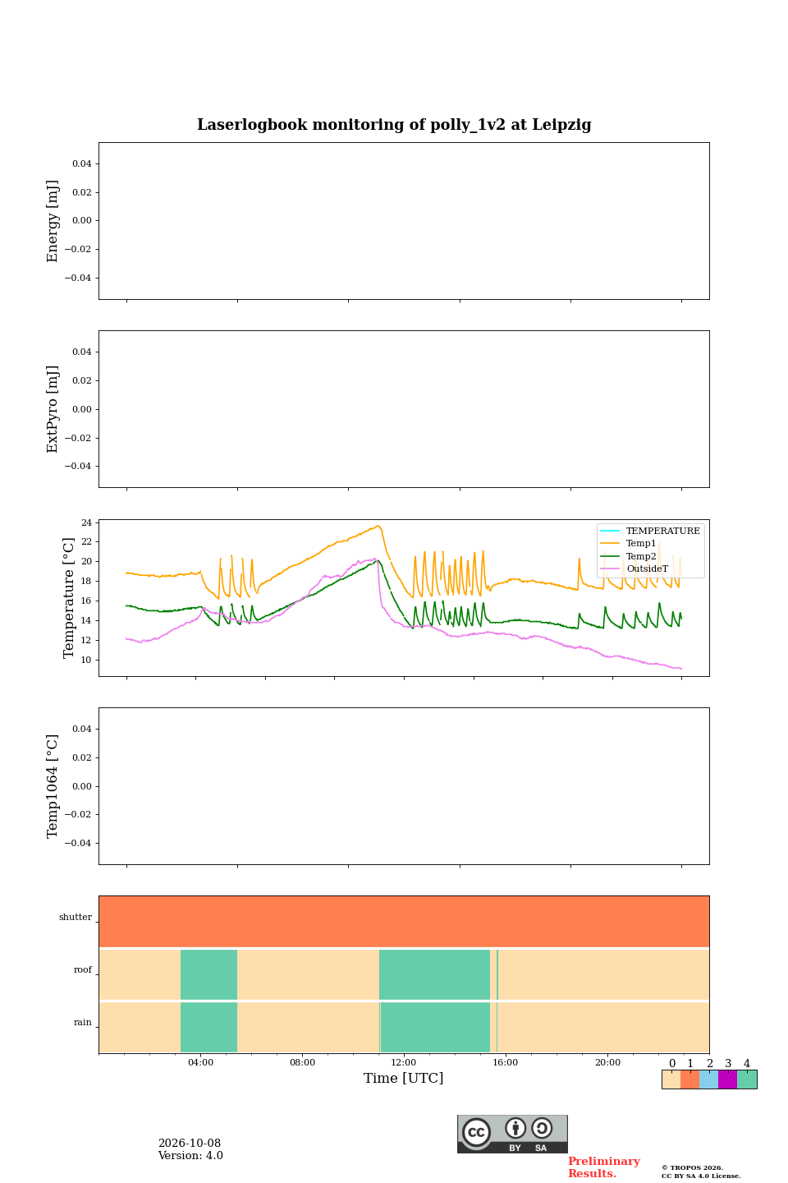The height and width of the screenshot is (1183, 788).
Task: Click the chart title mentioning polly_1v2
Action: [x=394, y=125]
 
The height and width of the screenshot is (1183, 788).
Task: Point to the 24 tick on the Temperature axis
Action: [x=86, y=522]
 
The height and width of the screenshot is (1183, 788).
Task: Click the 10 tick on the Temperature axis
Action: [x=86, y=660]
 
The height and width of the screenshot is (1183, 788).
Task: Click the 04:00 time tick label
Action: [x=200, y=1062]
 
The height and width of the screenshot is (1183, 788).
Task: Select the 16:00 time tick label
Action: [x=505, y=1062]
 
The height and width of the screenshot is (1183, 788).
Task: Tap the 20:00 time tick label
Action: [x=607, y=1062]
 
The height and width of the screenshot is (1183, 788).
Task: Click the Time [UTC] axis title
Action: [x=403, y=1078]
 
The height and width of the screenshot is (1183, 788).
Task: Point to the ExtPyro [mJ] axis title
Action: [x=52, y=409]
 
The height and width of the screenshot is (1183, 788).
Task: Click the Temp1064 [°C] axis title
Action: [x=52, y=786]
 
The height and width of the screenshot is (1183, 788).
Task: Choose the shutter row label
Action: [x=76, y=917]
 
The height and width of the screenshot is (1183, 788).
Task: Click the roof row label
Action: [x=83, y=969]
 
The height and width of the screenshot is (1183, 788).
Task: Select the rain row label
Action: [x=83, y=1023]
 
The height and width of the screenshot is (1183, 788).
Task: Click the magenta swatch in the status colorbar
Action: [x=727, y=1079]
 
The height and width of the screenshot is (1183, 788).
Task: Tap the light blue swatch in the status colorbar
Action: [x=709, y=1079]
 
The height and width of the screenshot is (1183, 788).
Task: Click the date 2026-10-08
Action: [x=190, y=1144]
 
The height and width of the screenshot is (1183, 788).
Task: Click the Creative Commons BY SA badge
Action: [x=512, y=1134]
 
